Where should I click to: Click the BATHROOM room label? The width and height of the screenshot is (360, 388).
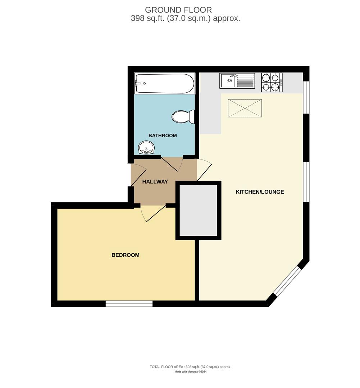coord(163,135)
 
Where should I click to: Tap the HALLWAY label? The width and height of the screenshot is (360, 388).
coord(155,182)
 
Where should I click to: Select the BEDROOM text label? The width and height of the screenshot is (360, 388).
coord(125,255)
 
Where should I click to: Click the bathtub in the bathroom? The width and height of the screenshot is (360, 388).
coord(164,84)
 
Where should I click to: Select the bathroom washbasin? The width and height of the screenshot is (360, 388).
coord(146,147)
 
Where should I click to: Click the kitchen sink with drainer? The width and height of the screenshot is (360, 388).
coord(237,81)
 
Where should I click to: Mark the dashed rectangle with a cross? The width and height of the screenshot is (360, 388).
coord(245,108)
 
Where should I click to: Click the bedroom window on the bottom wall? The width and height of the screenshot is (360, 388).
coord(129,304)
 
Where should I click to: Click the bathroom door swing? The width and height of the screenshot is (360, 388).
coord(173,164)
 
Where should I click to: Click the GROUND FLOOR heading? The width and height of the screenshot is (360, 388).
coord(178,10)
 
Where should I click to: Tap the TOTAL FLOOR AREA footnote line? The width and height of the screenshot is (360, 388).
coord(190,367)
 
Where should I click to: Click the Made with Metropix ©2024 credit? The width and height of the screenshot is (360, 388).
coord(190,372)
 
